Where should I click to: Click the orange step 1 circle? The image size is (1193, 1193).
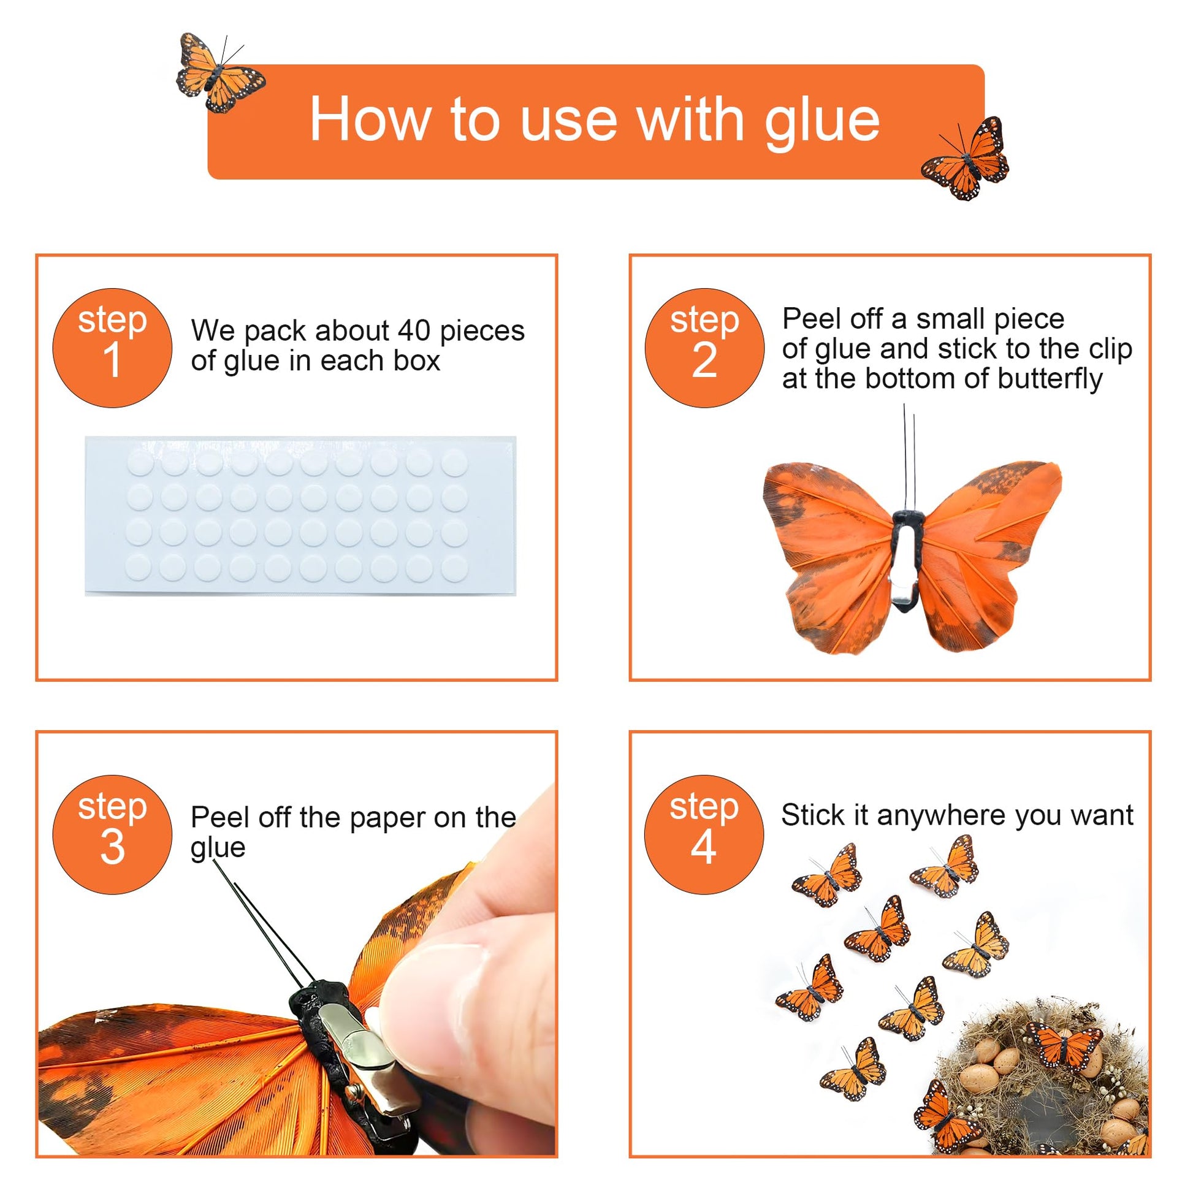112,348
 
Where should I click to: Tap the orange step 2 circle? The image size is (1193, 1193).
704,348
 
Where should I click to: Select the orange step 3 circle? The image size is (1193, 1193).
112,834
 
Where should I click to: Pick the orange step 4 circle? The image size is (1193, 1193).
704,834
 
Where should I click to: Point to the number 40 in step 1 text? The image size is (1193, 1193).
414,331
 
